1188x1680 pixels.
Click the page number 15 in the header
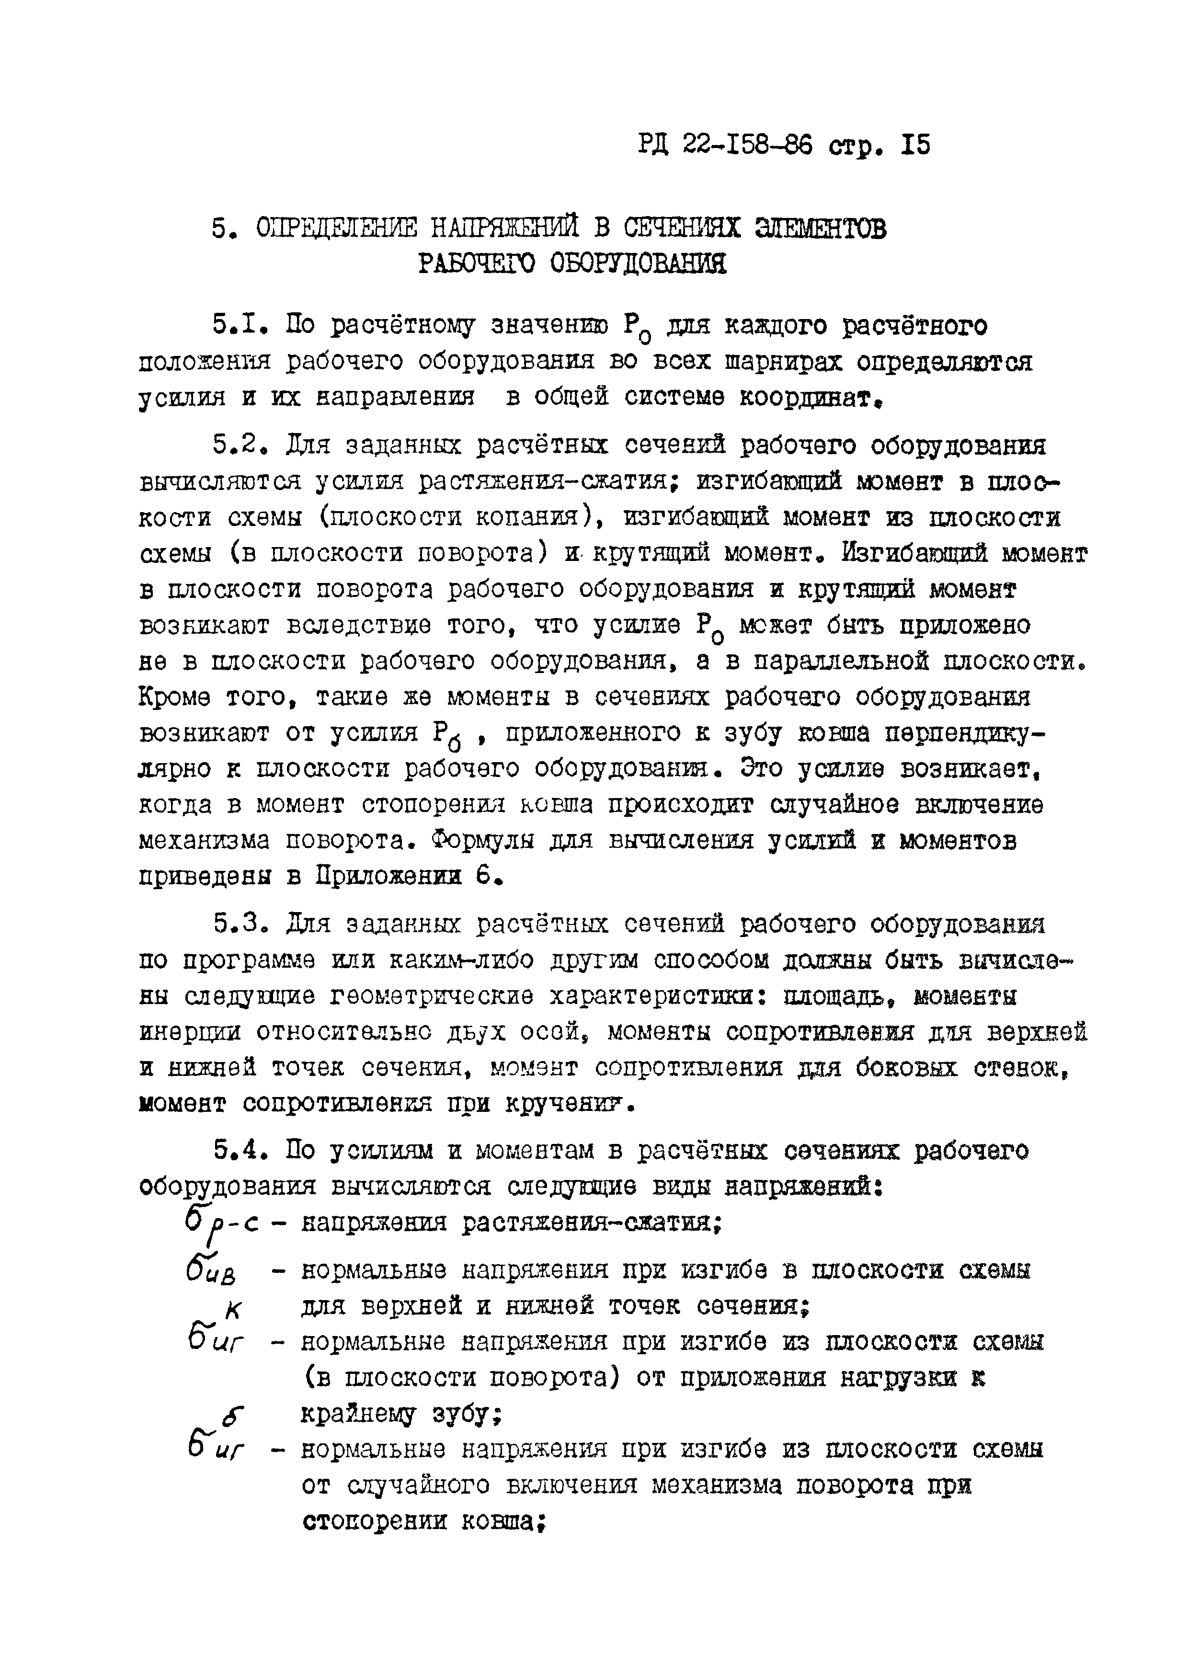[x=916, y=146]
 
